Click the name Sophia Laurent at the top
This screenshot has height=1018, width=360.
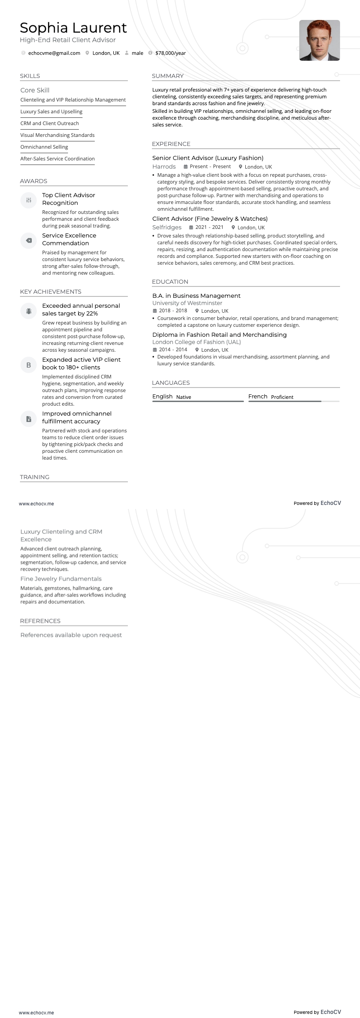(x=73, y=28)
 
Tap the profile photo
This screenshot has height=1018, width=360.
(x=319, y=40)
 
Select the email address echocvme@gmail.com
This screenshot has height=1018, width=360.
(x=54, y=53)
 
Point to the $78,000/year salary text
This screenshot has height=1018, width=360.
(x=170, y=53)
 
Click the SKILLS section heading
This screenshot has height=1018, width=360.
(x=30, y=76)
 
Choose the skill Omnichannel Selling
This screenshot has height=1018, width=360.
(x=44, y=147)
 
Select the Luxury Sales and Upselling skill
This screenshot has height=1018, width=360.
(x=51, y=111)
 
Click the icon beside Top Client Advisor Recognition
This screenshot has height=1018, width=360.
(x=29, y=200)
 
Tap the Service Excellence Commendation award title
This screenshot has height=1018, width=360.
(x=69, y=239)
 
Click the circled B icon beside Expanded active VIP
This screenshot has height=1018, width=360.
(x=29, y=365)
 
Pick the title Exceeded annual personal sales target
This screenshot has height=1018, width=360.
(x=81, y=310)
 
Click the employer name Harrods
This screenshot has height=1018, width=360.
(x=164, y=167)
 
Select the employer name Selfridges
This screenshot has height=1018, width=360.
(x=166, y=228)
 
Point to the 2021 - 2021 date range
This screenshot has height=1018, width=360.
(x=209, y=228)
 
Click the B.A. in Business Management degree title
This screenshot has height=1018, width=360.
(x=196, y=296)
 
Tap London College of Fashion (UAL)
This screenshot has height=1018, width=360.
(x=196, y=342)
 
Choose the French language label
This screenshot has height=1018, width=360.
(x=258, y=397)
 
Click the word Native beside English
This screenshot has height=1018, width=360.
(x=184, y=397)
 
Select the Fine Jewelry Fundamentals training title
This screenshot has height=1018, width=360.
(x=61, y=579)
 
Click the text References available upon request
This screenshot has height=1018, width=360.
(x=71, y=635)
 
